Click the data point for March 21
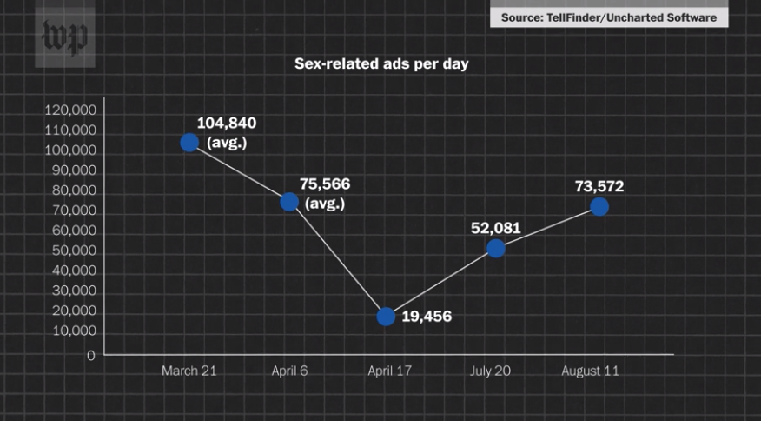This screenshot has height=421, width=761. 189,143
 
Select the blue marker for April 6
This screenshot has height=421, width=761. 289,202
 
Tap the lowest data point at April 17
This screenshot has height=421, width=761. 386,317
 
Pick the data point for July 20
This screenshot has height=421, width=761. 496,248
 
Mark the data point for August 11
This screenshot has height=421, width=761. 599,207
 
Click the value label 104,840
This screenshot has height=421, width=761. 226,123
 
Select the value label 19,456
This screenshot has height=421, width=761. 427,317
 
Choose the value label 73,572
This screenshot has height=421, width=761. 599,186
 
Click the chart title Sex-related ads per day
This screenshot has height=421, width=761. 381,64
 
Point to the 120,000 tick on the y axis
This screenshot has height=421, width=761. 70,110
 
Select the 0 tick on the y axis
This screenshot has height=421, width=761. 90,355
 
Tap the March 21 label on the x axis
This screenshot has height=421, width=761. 189,371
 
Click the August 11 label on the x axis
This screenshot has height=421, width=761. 590,371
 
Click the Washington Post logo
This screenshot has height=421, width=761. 64,37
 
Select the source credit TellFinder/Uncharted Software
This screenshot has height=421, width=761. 609,17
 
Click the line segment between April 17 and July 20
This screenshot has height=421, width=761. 441,282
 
